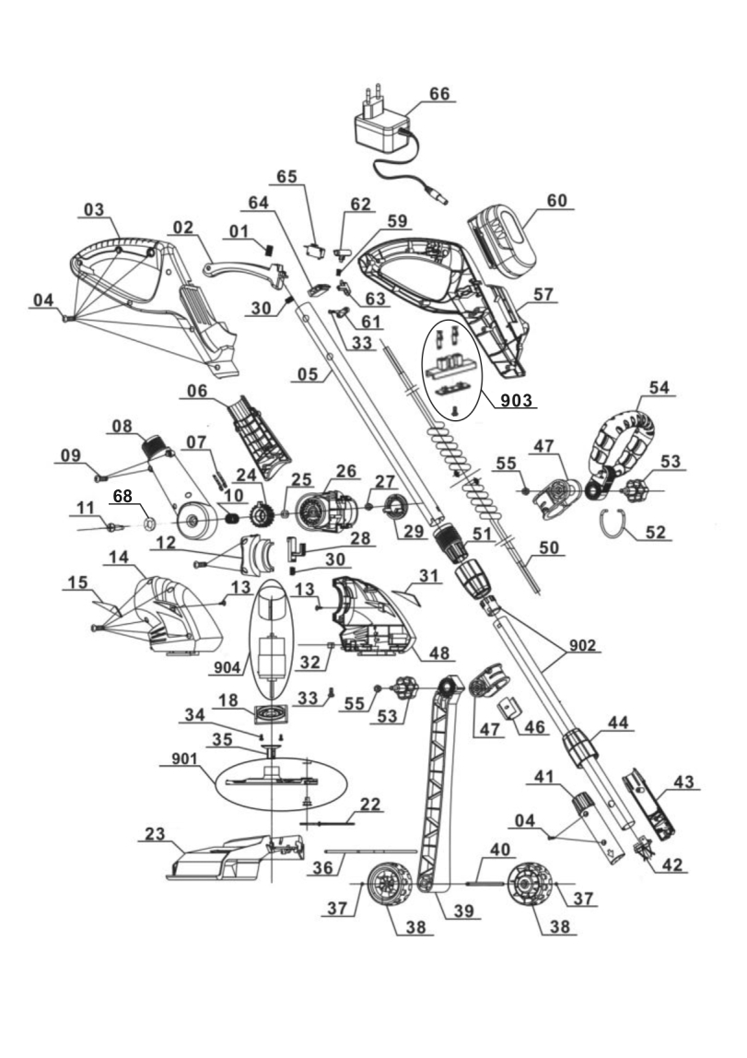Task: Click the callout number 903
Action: coord(517,400)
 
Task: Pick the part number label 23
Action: coord(155,833)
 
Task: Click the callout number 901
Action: coord(184,759)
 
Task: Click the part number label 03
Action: coord(94,210)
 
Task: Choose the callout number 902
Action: coord(582,645)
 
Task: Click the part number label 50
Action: coord(549,547)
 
